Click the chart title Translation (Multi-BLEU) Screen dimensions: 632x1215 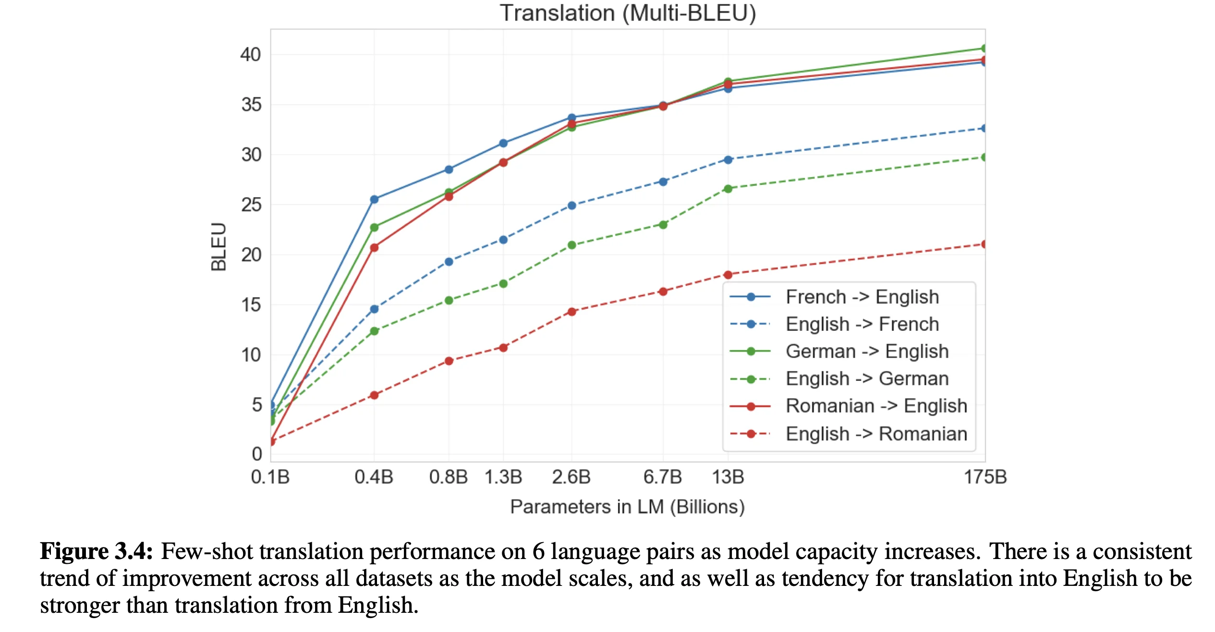click(x=628, y=13)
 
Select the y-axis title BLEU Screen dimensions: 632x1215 click(x=219, y=247)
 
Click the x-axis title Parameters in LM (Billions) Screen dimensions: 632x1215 click(x=627, y=507)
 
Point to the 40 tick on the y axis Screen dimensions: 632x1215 click(x=251, y=54)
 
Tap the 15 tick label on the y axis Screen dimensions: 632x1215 click(x=251, y=304)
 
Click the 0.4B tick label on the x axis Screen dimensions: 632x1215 click(x=374, y=477)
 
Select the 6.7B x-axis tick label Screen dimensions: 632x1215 click(x=663, y=477)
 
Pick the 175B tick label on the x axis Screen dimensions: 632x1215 click(x=985, y=477)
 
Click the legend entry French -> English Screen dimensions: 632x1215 click(x=862, y=297)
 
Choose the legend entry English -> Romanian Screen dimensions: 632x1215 click(x=876, y=434)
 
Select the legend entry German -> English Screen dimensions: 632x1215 click(x=867, y=351)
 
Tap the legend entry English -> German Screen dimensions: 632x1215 click(x=867, y=378)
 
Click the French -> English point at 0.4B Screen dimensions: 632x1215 click(x=374, y=199)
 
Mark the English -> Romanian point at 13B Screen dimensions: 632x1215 click(x=728, y=275)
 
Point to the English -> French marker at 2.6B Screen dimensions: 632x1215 click(x=571, y=206)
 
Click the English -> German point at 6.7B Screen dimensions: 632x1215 click(x=663, y=225)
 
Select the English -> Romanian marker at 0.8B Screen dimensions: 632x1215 click(x=449, y=361)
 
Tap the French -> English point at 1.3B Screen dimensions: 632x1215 click(x=503, y=143)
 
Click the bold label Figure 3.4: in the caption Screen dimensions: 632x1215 click(x=96, y=551)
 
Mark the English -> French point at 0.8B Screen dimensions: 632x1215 click(x=449, y=262)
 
